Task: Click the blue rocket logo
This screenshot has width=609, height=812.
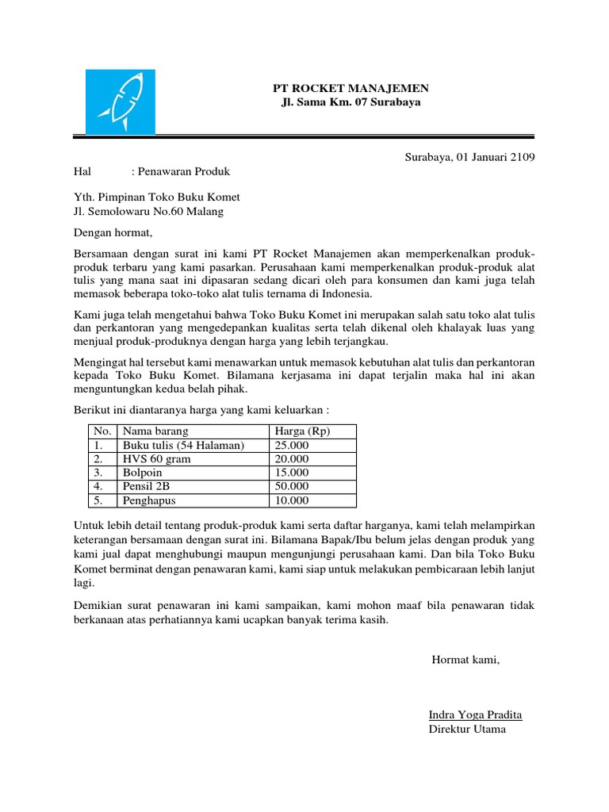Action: pos(120,101)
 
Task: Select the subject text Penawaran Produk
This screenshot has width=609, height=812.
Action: pos(183,170)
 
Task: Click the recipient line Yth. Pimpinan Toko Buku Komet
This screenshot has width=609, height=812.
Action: pos(156,197)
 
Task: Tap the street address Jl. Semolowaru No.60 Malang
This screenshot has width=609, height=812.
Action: pos(148,212)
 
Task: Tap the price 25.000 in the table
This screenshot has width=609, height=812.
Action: pos(291,445)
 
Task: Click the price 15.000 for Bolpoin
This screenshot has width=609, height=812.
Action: pos(291,473)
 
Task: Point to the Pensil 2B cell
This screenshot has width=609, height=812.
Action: pos(147,487)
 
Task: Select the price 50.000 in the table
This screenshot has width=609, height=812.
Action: pos(291,487)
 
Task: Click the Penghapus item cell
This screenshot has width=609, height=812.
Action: pos(149,501)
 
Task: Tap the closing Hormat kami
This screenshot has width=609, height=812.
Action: pos(465,660)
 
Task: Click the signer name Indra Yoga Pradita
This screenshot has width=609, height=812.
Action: pos(475,714)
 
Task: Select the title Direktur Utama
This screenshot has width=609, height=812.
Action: pos(466,729)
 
